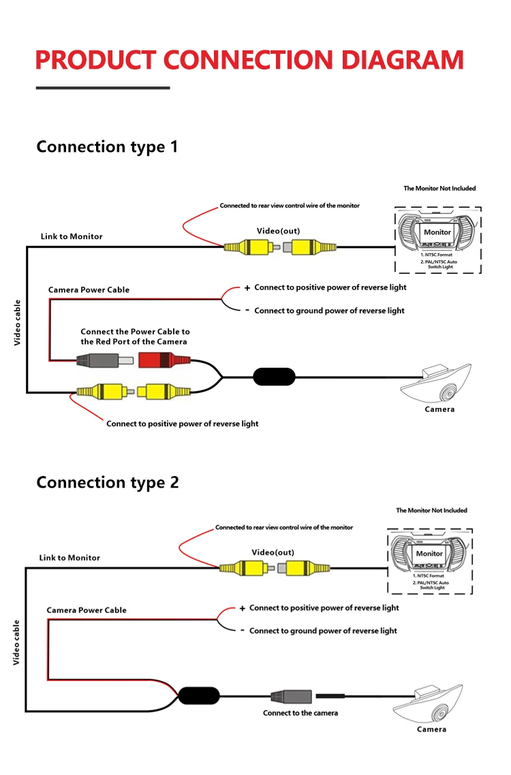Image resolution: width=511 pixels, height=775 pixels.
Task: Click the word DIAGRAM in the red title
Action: pyautogui.click(x=401, y=60)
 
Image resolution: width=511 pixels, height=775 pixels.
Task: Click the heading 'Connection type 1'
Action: pyautogui.click(x=107, y=146)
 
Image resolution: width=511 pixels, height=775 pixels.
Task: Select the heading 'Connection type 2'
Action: pyautogui.click(x=108, y=482)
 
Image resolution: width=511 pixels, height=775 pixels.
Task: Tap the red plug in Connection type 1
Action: pyautogui.click(x=162, y=360)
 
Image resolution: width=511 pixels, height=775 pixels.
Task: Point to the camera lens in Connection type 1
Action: pyautogui.click(x=448, y=393)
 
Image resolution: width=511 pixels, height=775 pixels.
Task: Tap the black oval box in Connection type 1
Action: pyautogui.click(x=274, y=376)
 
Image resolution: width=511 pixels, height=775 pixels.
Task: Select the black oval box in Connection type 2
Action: pyautogui.click(x=199, y=695)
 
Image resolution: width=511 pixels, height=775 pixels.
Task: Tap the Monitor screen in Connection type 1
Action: pyautogui.click(x=437, y=232)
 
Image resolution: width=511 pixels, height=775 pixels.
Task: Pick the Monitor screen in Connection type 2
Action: pyautogui.click(x=429, y=554)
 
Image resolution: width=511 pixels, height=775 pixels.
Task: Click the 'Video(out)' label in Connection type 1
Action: pyautogui.click(x=278, y=231)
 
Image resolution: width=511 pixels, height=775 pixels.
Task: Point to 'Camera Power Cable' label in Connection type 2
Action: pyautogui.click(x=87, y=610)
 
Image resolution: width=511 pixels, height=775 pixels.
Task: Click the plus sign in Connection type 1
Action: pyautogui.click(x=247, y=288)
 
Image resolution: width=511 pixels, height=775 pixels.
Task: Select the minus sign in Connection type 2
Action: pyautogui.click(x=242, y=631)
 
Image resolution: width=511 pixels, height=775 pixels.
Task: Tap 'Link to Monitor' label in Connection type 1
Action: pyautogui.click(x=72, y=236)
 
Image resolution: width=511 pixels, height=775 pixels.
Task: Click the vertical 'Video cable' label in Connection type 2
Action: pyautogui.click(x=16, y=642)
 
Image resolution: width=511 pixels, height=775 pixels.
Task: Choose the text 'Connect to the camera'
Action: pyautogui.click(x=300, y=713)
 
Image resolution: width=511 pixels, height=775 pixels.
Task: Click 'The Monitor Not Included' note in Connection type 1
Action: pyautogui.click(x=439, y=188)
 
